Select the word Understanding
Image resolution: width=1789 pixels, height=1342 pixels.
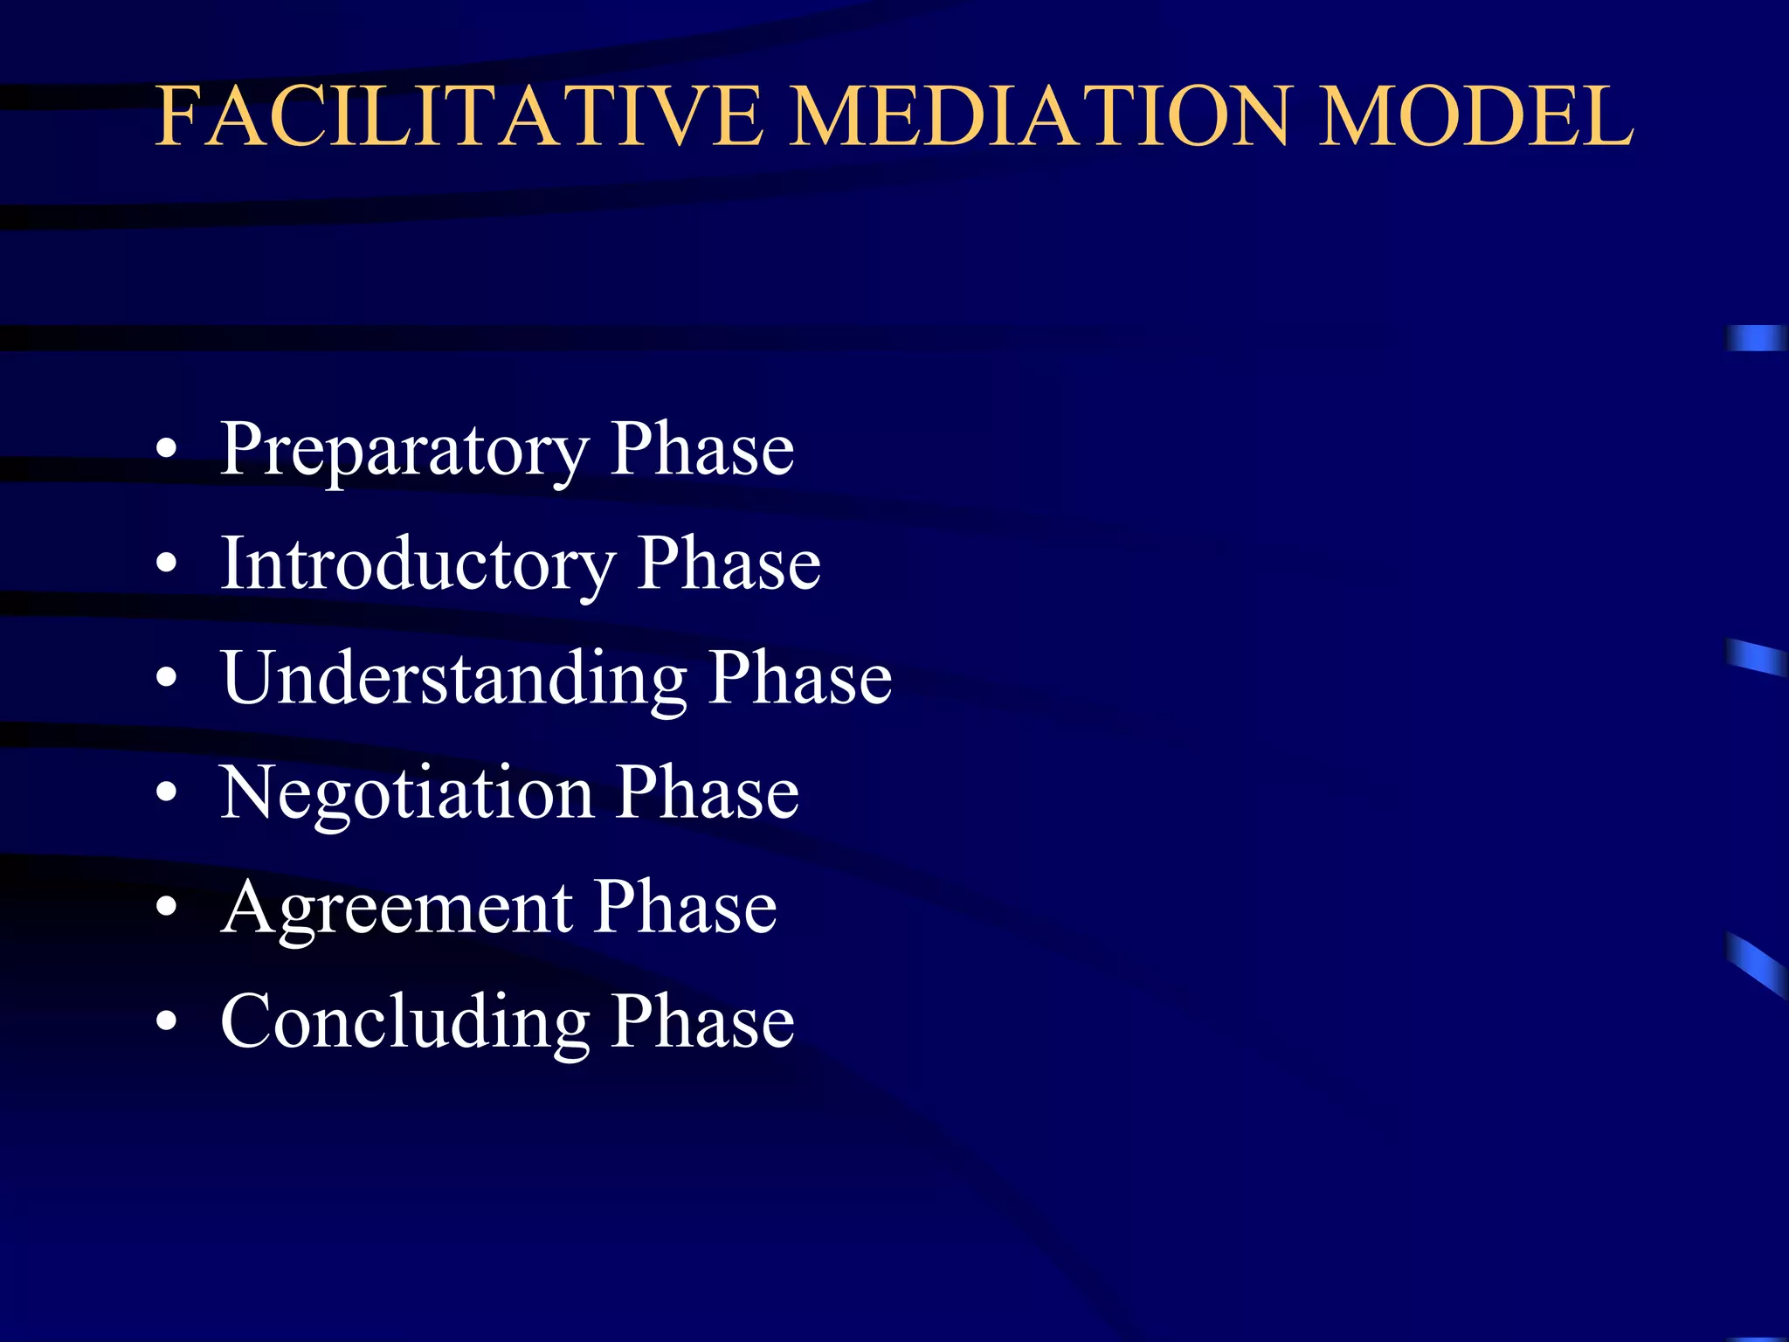pyautogui.click(x=454, y=679)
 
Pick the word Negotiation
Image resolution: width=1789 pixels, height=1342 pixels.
pyautogui.click(x=407, y=793)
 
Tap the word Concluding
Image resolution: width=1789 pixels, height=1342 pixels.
pyautogui.click(x=405, y=1022)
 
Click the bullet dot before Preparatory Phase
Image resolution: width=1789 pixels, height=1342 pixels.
pyautogui.click(x=166, y=451)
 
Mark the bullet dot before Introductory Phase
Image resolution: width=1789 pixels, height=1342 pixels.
pyautogui.click(x=166, y=564)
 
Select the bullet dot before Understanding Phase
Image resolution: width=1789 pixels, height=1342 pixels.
pyautogui.click(x=166, y=678)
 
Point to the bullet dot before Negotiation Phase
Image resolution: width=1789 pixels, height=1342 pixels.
pyautogui.click(x=166, y=793)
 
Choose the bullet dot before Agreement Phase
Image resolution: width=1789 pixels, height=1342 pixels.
pyautogui.click(x=166, y=908)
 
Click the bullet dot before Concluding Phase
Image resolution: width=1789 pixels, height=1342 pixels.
pyautogui.click(x=166, y=1021)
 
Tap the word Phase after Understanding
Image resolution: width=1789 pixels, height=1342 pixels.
pyautogui.click(x=800, y=678)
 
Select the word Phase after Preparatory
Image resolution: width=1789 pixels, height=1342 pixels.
pyautogui.click(x=702, y=449)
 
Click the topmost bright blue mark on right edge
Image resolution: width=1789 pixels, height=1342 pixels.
pyautogui.click(x=1756, y=338)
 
